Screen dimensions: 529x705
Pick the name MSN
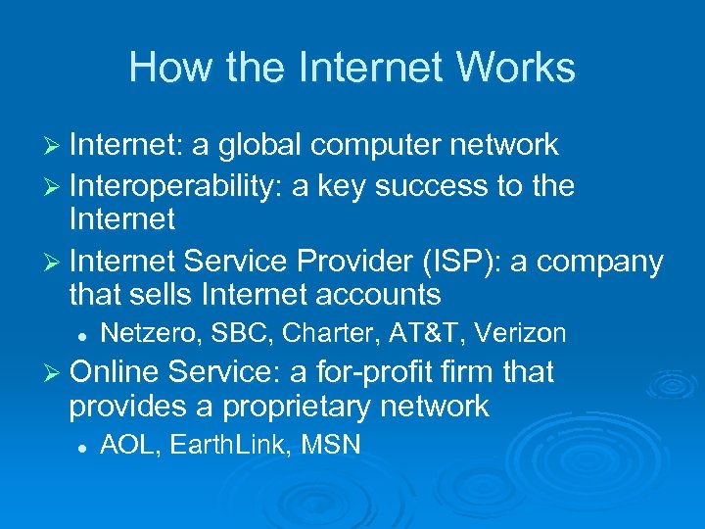tap(331, 446)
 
